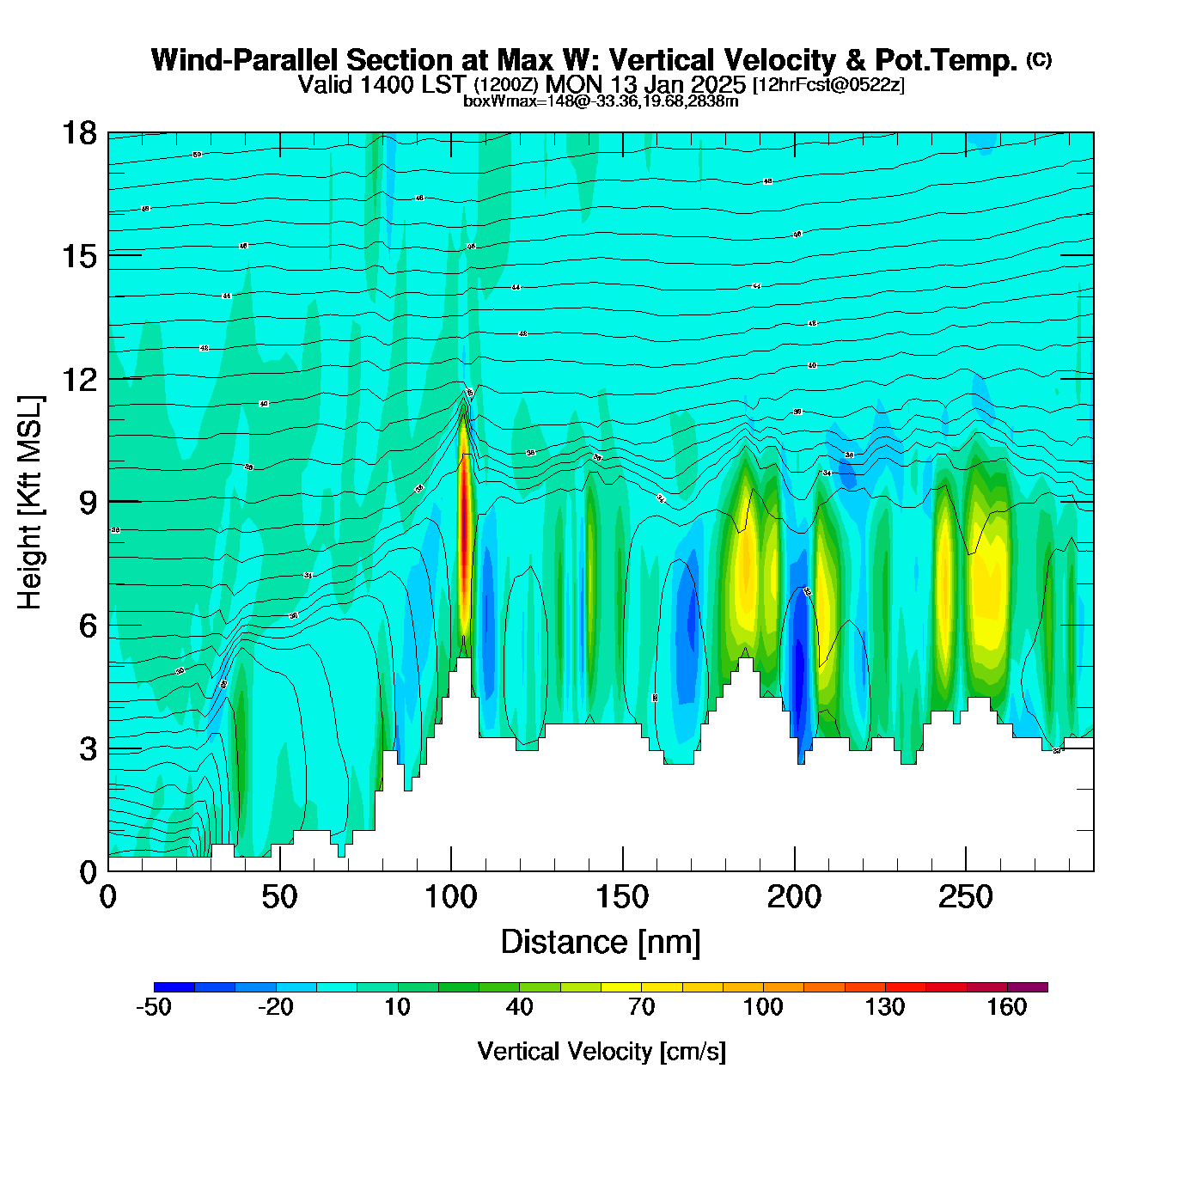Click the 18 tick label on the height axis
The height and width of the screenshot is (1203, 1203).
(x=79, y=133)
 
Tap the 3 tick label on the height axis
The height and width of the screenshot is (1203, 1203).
(x=88, y=749)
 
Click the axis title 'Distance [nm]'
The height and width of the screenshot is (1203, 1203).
(x=601, y=942)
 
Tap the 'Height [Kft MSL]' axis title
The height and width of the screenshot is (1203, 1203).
(x=30, y=503)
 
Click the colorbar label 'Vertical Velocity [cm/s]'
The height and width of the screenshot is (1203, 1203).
(x=601, y=1051)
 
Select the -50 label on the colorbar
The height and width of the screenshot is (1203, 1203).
(x=154, y=1007)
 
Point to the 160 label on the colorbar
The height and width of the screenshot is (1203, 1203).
(x=1006, y=1007)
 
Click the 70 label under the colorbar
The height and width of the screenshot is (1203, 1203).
(x=641, y=1007)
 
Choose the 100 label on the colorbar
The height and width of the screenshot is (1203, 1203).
(x=762, y=1007)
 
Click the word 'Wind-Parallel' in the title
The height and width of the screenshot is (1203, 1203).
(x=245, y=60)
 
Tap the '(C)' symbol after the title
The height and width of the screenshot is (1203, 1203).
(x=1039, y=59)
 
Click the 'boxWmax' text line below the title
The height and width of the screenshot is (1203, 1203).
(x=601, y=101)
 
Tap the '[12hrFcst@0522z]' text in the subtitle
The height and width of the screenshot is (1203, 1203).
(x=828, y=85)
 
